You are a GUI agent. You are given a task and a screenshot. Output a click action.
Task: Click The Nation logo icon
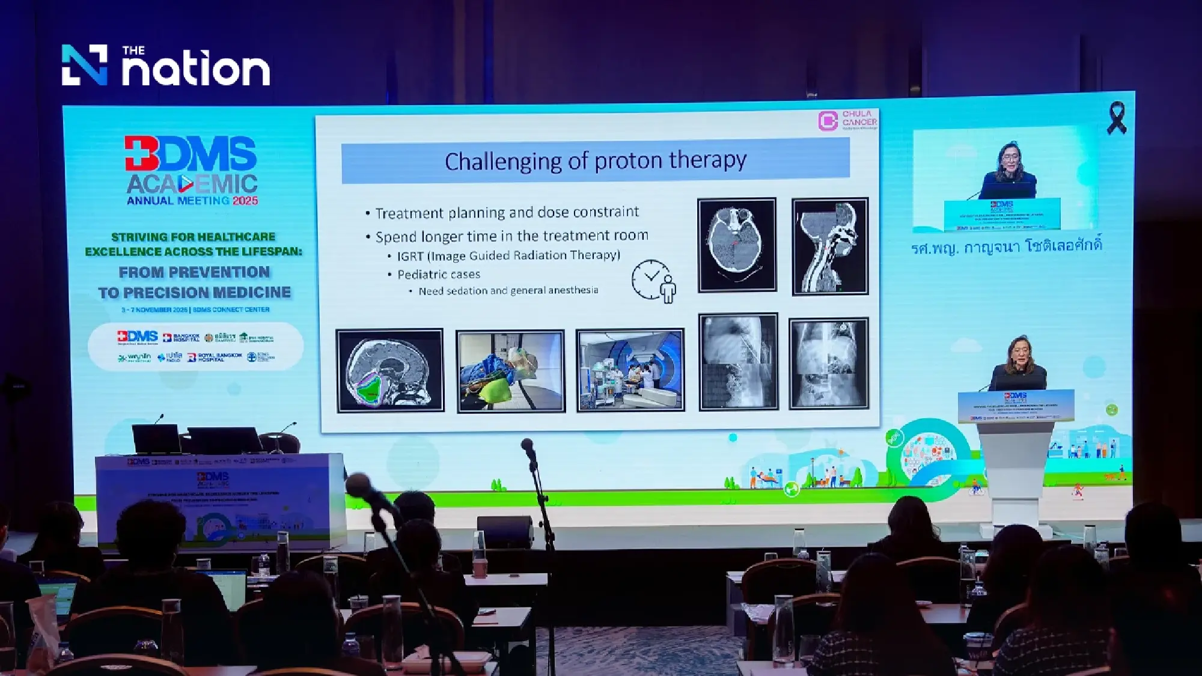pos(84,65)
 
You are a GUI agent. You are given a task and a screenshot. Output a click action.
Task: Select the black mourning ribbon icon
pos(1116,118)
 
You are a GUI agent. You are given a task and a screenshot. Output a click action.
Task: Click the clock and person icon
pos(654,281)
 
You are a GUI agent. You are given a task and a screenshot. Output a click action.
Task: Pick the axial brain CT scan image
pos(737,245)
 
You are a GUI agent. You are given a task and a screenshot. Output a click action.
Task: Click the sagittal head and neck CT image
pos(830,246)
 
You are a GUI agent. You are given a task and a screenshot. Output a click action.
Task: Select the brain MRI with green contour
pos(390,371)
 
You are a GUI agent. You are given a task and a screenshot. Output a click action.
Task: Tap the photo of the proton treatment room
pos(630,370)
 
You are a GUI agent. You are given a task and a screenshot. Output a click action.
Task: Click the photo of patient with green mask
pos(510,371)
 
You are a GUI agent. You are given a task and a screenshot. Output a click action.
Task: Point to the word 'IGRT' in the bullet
pos(410,257)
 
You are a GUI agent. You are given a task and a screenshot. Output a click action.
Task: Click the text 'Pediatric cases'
pos(439,275)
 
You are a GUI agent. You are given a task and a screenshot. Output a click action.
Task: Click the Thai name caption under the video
pos(1007,247)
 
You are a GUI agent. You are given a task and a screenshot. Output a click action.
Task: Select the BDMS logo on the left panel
pos(191,153)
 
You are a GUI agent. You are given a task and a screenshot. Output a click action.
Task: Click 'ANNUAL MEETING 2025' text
pos(192,201)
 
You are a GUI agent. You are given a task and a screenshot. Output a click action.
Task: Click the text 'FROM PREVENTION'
pos(194,272)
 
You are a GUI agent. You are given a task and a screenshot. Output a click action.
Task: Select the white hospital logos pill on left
pos(195,346)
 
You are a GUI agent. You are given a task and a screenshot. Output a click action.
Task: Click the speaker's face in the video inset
pos(1007,158)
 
